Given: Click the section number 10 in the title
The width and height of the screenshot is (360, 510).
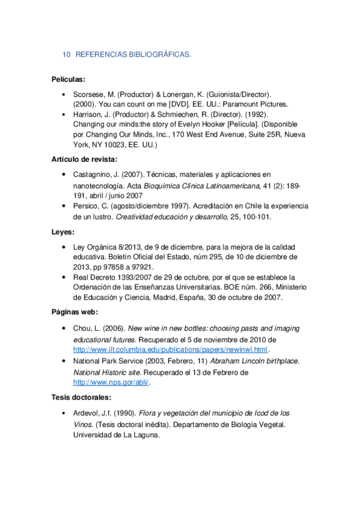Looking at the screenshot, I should pos(67,55).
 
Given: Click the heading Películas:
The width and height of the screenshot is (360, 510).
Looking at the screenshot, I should pos(69,79).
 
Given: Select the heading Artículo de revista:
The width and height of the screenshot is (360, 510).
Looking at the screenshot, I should pos(85,159).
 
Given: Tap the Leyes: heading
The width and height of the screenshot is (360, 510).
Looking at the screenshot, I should pos(63,232).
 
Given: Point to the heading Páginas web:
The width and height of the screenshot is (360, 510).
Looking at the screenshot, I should pos(75,312).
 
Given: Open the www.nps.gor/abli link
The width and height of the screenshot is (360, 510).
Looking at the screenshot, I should pos(111,382).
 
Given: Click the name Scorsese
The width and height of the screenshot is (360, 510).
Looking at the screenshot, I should pos(89,95).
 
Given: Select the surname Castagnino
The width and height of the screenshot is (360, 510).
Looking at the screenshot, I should pos(93,174).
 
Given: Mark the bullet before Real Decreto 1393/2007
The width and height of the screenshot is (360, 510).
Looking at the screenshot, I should pos(64,278).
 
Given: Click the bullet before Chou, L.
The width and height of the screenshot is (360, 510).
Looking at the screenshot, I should pos(64,328).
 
